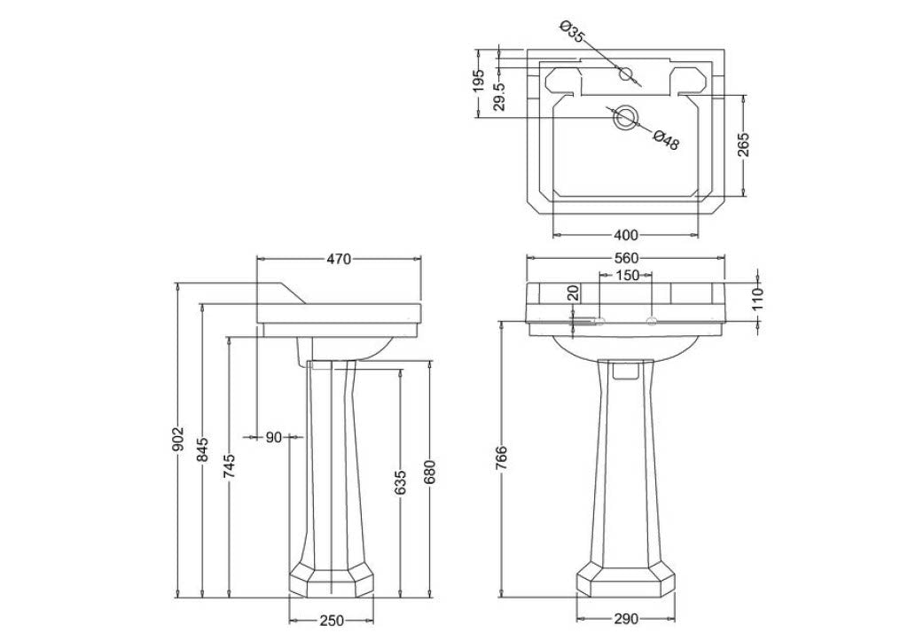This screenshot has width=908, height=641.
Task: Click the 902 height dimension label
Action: pos(178,439)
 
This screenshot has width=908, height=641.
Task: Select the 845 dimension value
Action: pos(202,449)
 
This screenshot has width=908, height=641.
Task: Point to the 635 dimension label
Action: pos(401,483)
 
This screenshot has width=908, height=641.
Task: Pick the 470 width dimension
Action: pos(339,259)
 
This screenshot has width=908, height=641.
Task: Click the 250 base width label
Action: pos(332,620)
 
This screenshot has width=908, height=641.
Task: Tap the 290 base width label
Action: pos(625,619)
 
